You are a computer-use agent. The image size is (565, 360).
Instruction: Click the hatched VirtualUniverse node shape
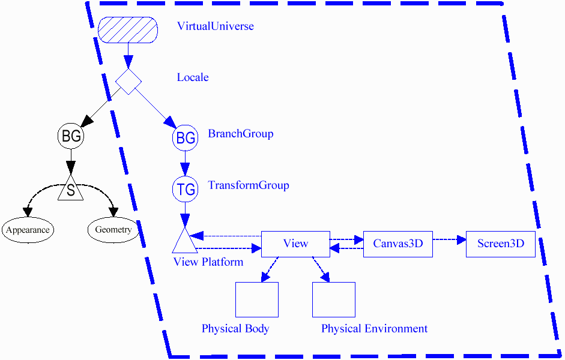pos(128,30)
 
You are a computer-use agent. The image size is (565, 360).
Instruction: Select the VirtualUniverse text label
pos(215,26)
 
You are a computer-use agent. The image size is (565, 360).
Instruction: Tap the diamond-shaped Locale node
pos(128,81)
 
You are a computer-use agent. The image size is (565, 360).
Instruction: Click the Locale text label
pos(193,77)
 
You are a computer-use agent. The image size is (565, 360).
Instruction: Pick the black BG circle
pos(71,136)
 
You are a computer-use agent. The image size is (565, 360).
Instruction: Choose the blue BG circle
pos(185,139)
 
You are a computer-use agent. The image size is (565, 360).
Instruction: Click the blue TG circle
pos(185,190)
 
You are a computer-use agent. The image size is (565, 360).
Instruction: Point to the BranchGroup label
pos(240,133)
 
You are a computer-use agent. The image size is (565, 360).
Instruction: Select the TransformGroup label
pos(248,185)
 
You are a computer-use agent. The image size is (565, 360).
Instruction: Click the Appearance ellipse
pos(28,230)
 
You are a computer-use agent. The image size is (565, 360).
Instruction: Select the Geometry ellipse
pos(113,230)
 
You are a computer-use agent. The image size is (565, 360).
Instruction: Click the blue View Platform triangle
pos(184,242)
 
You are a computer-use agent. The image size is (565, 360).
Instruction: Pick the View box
pos(295,244)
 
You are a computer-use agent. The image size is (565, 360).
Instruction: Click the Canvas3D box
pos(397,244)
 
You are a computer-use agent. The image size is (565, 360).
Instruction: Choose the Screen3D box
pos(500,244)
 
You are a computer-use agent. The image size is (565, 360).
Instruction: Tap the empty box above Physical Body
pos(256,299)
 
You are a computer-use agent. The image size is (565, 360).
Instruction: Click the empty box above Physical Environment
pos(333,299)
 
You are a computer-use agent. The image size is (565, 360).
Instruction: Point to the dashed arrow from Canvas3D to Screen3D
pos(449,239)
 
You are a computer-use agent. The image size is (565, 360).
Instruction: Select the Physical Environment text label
pos(374,329)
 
